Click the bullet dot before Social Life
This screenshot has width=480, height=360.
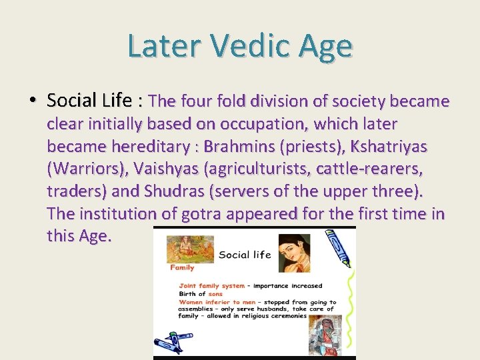[x=32, y=101]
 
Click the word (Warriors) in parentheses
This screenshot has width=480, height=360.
[x=87, y=169]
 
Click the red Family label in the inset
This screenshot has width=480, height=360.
[x=181, y=267]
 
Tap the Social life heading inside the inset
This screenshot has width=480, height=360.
[x=245, y=254]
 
